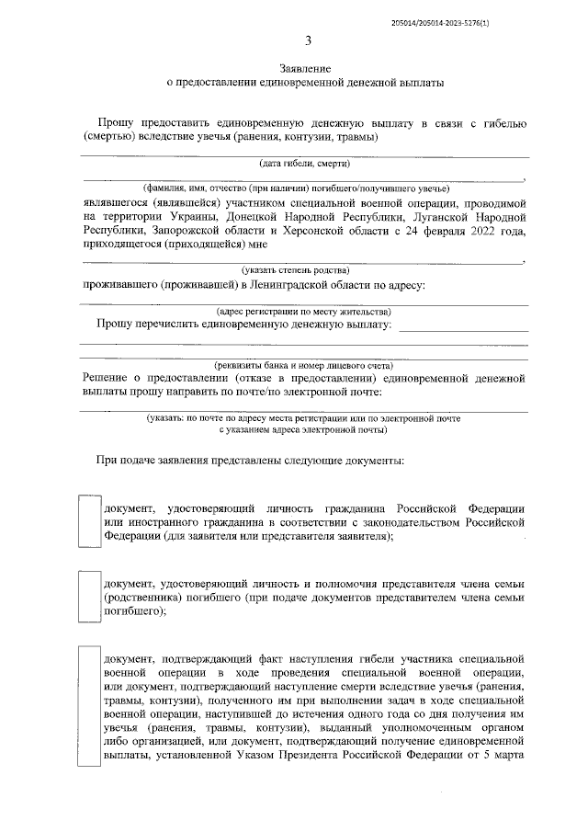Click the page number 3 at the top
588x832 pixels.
(308, 41)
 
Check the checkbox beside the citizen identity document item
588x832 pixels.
(89, 521)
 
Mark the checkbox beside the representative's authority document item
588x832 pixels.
(89, 598)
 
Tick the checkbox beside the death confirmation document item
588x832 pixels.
(89, 708)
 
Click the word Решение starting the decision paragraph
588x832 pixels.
(106, 378)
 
